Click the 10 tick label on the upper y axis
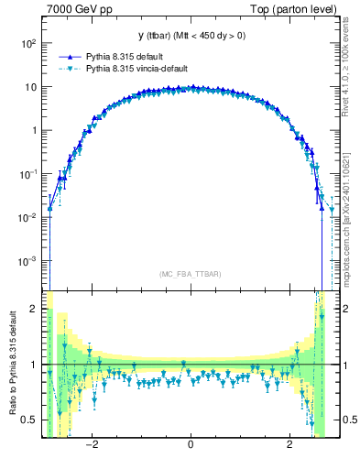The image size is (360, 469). (30, 87)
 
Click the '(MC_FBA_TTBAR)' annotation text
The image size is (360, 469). (189, 275)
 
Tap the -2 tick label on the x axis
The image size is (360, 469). (92, 445)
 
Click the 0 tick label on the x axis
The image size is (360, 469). (190, 445)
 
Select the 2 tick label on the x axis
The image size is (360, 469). (289, 445)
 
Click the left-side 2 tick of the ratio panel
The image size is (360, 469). (35, 310)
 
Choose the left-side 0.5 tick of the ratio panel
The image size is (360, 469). (30, 420)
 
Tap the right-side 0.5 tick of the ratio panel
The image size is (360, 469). (349, 420)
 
